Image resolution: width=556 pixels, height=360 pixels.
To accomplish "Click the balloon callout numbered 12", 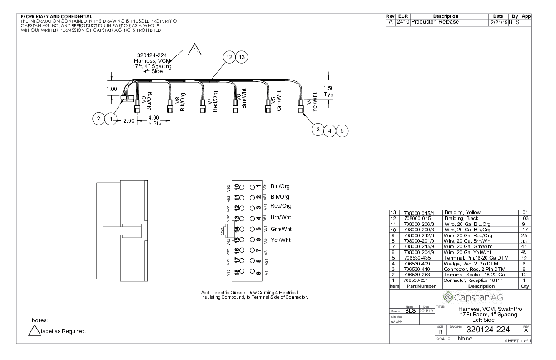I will pos(229,57).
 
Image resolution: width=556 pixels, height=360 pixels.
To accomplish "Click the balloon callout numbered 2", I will pos(98,119).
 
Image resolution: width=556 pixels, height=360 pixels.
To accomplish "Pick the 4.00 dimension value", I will pos(154,118).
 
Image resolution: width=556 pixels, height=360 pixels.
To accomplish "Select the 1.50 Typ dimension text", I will pos(328,91).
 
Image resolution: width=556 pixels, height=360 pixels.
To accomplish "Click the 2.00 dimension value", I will pos(129,121).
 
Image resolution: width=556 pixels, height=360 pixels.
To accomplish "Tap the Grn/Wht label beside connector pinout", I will pos(281,229).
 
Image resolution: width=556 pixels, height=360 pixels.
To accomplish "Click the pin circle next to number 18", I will pos(242,272).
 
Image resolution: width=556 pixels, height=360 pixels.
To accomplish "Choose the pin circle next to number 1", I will pos(252,187).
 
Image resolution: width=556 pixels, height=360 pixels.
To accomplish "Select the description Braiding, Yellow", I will pos(462,212).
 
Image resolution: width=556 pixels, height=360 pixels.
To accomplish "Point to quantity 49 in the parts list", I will pos(523,252).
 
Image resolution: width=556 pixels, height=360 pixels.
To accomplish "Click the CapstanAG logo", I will pos(460,297).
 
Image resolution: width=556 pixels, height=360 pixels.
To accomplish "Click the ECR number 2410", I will pos(403,22).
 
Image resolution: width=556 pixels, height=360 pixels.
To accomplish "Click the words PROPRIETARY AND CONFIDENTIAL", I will pos(56,17).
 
